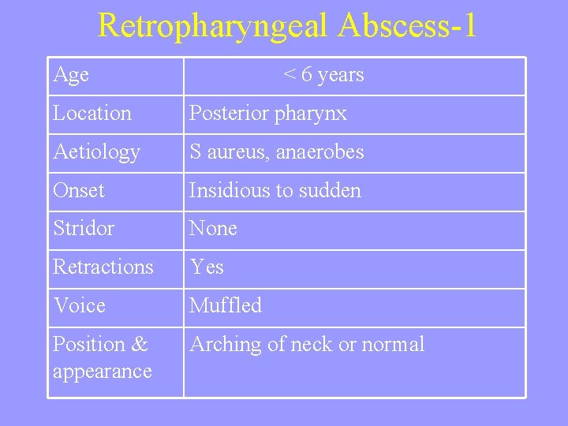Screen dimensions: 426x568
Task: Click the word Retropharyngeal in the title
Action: pos(212,26)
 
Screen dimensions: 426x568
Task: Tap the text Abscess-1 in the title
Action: pos(407,26)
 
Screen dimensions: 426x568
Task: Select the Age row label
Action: pos(71,75)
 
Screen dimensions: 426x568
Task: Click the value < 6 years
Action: pos(323,75)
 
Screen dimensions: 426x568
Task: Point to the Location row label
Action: pos(92,114)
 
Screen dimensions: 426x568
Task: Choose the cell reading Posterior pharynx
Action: pos(268,114)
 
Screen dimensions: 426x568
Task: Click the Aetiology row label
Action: pos(96,151)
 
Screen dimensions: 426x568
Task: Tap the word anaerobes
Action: pos(319,151)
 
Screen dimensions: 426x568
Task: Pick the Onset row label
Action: pos(79,190)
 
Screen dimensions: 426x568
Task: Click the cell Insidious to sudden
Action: pos(275,190)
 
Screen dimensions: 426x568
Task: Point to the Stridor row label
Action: pos(84,229)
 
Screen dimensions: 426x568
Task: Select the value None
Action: pos(213,229)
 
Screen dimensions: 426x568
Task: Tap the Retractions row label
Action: pos(103,267)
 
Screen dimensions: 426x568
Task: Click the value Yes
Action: pos(207,267)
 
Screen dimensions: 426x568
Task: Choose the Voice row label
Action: pos(79,305)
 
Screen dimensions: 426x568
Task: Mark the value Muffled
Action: pos(226,305)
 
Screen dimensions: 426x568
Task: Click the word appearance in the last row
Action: pos(103,372)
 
